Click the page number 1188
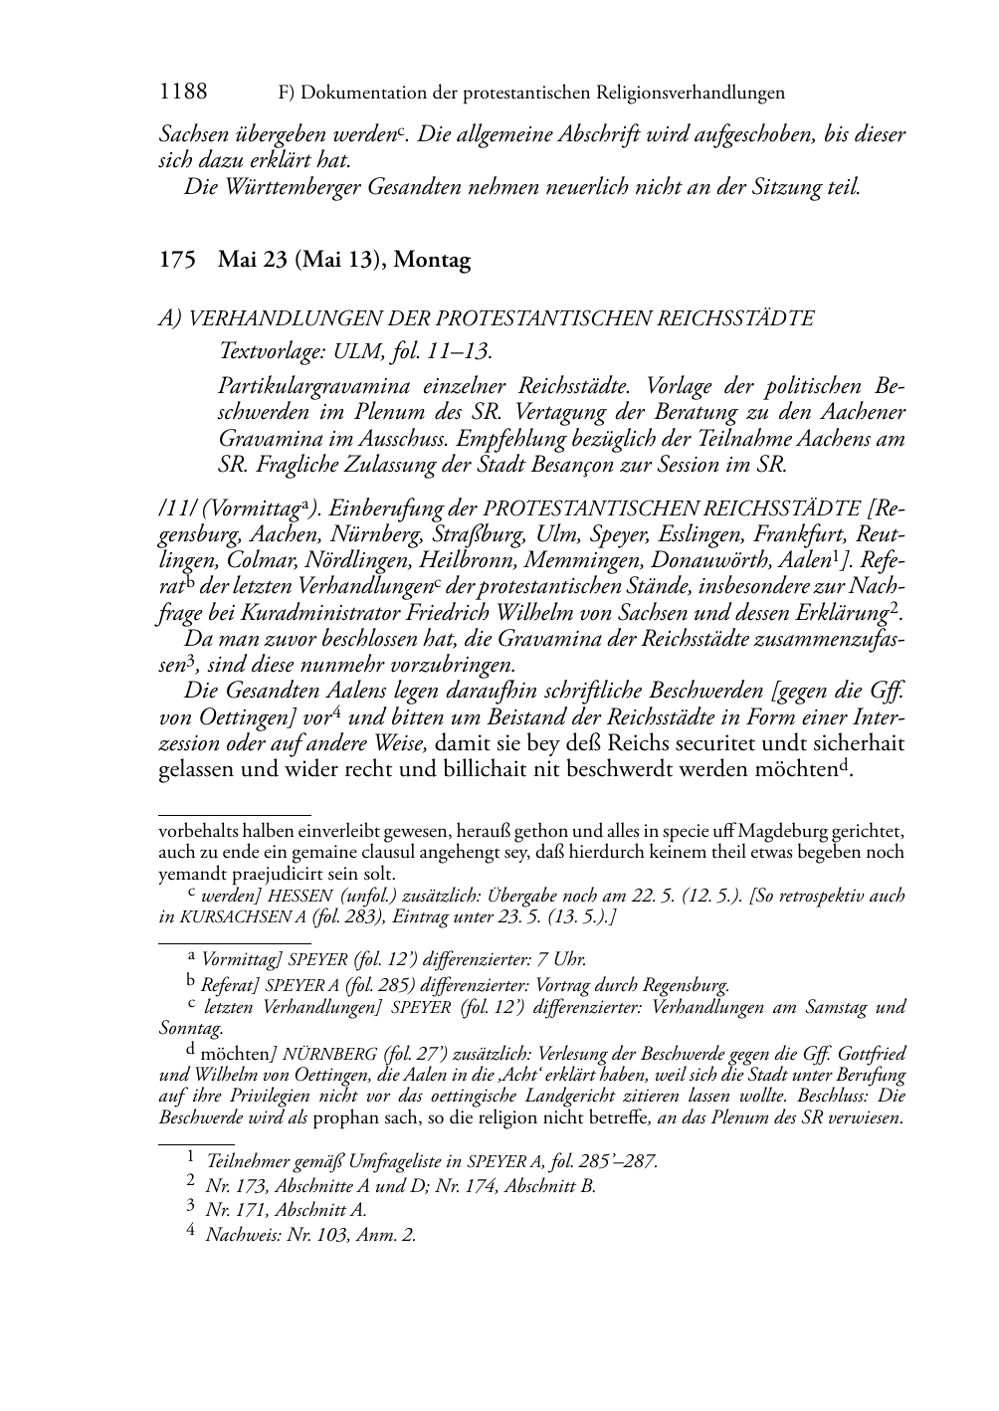tap(183, 93)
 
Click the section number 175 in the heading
tap(176, 261)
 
